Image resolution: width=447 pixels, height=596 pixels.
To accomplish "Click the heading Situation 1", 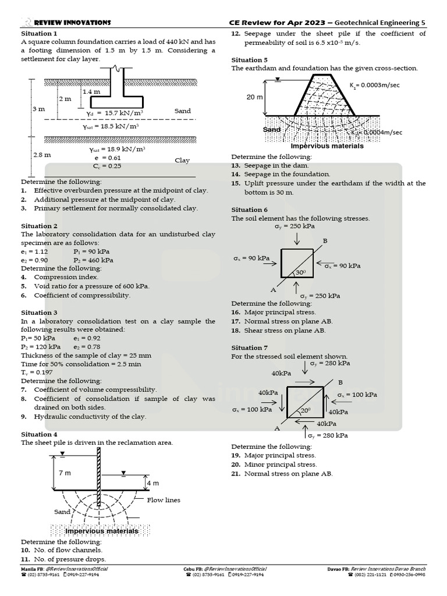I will [39, 34].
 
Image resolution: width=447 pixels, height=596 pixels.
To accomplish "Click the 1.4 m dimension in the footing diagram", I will [91, 92].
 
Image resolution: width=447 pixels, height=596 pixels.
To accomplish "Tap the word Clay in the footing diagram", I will [182, 160].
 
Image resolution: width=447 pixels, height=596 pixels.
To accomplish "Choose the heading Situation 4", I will [39, 434].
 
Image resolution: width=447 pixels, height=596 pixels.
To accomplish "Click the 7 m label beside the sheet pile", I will [65, 473].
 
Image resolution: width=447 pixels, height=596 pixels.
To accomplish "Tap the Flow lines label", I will [164, 500].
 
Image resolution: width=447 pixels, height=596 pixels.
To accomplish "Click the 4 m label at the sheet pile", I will [152, 483].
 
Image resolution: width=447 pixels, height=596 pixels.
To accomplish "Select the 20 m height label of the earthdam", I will [254, 97].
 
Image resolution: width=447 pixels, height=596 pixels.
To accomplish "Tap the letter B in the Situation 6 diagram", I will [325, 241].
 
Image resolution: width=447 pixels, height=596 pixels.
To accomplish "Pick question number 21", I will [236, 474].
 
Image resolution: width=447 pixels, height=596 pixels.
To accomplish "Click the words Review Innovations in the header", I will [72, 22].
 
